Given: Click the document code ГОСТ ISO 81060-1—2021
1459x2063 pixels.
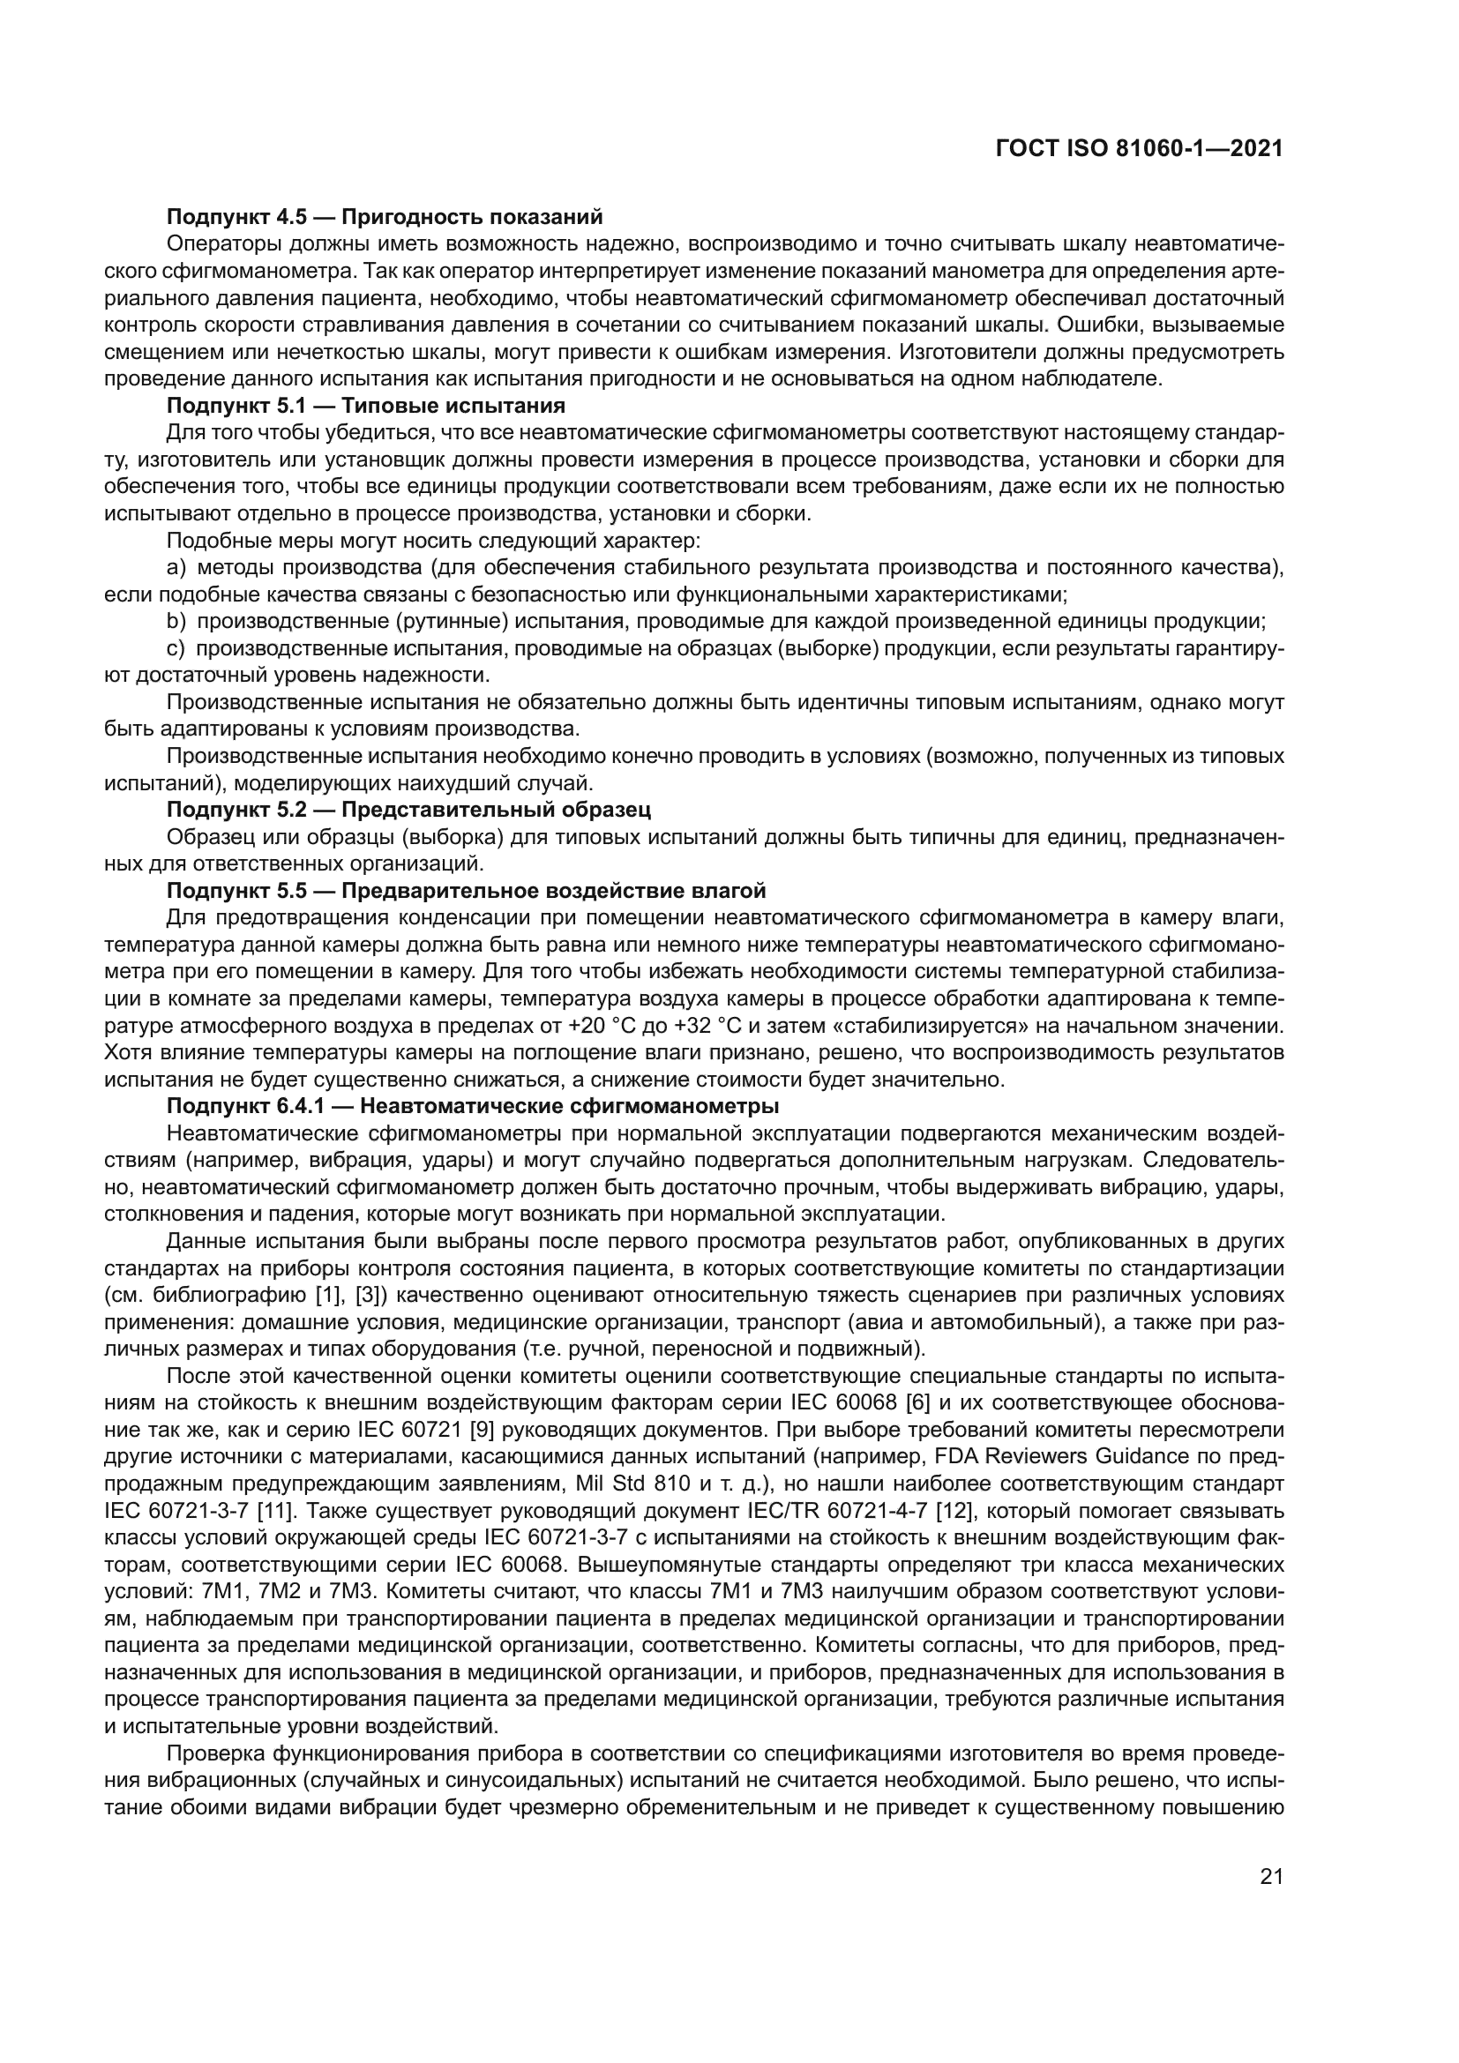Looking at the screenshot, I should pos(1138,149).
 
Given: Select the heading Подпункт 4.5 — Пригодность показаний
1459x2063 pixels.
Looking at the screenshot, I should pos(385,217).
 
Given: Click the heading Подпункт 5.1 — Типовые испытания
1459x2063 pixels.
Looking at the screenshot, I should pos(366,405).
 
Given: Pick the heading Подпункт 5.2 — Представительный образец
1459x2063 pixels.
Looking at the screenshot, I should pos(408,809).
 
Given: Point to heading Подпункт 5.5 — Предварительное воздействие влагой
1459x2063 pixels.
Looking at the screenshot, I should pos(467,891).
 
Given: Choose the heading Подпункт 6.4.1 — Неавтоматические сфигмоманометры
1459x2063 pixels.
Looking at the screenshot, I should pos(473,1105).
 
